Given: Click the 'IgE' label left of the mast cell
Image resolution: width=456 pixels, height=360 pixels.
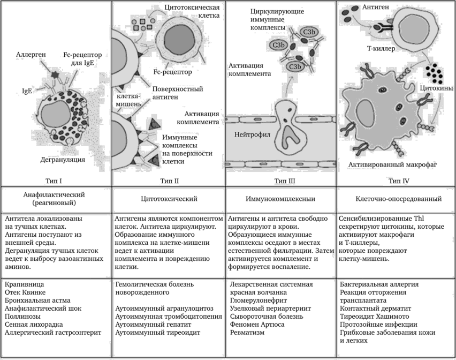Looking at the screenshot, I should pyautogui.click(x=27, y=91).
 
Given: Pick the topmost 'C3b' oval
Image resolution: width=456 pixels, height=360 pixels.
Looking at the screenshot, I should pyautogui.click(x=309, y=33).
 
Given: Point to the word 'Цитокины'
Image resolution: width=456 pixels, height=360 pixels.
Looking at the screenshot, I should pyautogui.click(x=437, y=87).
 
